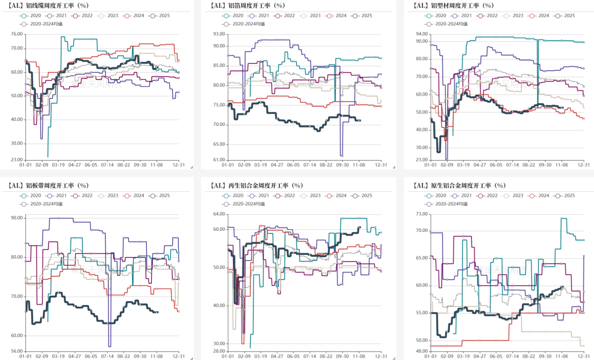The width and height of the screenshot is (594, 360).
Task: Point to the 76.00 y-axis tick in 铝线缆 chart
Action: point(16,34)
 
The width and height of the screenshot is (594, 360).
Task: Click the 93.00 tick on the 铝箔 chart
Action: point(218,34)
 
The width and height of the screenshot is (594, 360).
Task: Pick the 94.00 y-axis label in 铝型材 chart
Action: point(422,34)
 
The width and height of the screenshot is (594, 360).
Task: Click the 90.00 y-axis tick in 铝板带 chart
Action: point(16,218)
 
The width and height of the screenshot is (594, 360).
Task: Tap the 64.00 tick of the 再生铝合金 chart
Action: point(218,214)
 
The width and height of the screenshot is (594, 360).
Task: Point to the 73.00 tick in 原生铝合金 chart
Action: point(422,214)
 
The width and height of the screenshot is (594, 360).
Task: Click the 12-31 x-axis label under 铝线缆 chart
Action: point(179,164)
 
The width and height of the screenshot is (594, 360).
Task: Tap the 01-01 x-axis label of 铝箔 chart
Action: point(228,164)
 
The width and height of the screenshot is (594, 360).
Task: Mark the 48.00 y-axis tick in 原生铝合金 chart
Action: point(422,351)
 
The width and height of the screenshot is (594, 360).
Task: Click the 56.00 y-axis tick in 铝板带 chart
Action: point(16,351)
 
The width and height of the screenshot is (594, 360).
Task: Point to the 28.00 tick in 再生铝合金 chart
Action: point(218,351)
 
